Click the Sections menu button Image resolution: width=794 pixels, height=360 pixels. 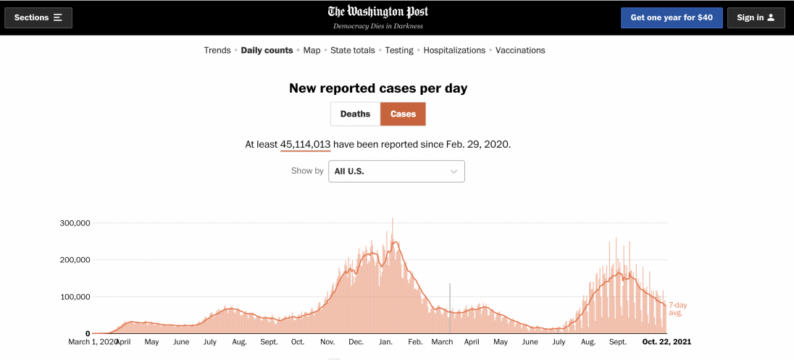38,17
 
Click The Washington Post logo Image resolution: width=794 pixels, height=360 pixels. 377,12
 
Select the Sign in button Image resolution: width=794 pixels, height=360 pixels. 756,17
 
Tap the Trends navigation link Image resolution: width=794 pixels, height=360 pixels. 217,51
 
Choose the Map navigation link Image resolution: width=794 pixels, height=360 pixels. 312,51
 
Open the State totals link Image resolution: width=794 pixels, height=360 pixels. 353,51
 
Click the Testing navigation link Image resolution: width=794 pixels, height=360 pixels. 399,51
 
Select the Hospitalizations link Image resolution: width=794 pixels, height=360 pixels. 454,51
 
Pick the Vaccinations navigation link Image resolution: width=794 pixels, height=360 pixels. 520,51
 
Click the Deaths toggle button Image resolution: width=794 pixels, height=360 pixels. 355,114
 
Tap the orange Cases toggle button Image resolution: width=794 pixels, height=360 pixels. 404,114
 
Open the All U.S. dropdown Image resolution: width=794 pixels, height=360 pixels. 396,171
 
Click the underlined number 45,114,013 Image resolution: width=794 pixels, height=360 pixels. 305,144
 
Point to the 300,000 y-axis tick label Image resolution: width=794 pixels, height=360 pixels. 75,223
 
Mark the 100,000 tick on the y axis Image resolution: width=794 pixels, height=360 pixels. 75,297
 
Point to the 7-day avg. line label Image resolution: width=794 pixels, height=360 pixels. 677,309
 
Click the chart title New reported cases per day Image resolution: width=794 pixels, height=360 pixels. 378,88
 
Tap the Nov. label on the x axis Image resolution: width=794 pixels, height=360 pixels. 327,342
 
